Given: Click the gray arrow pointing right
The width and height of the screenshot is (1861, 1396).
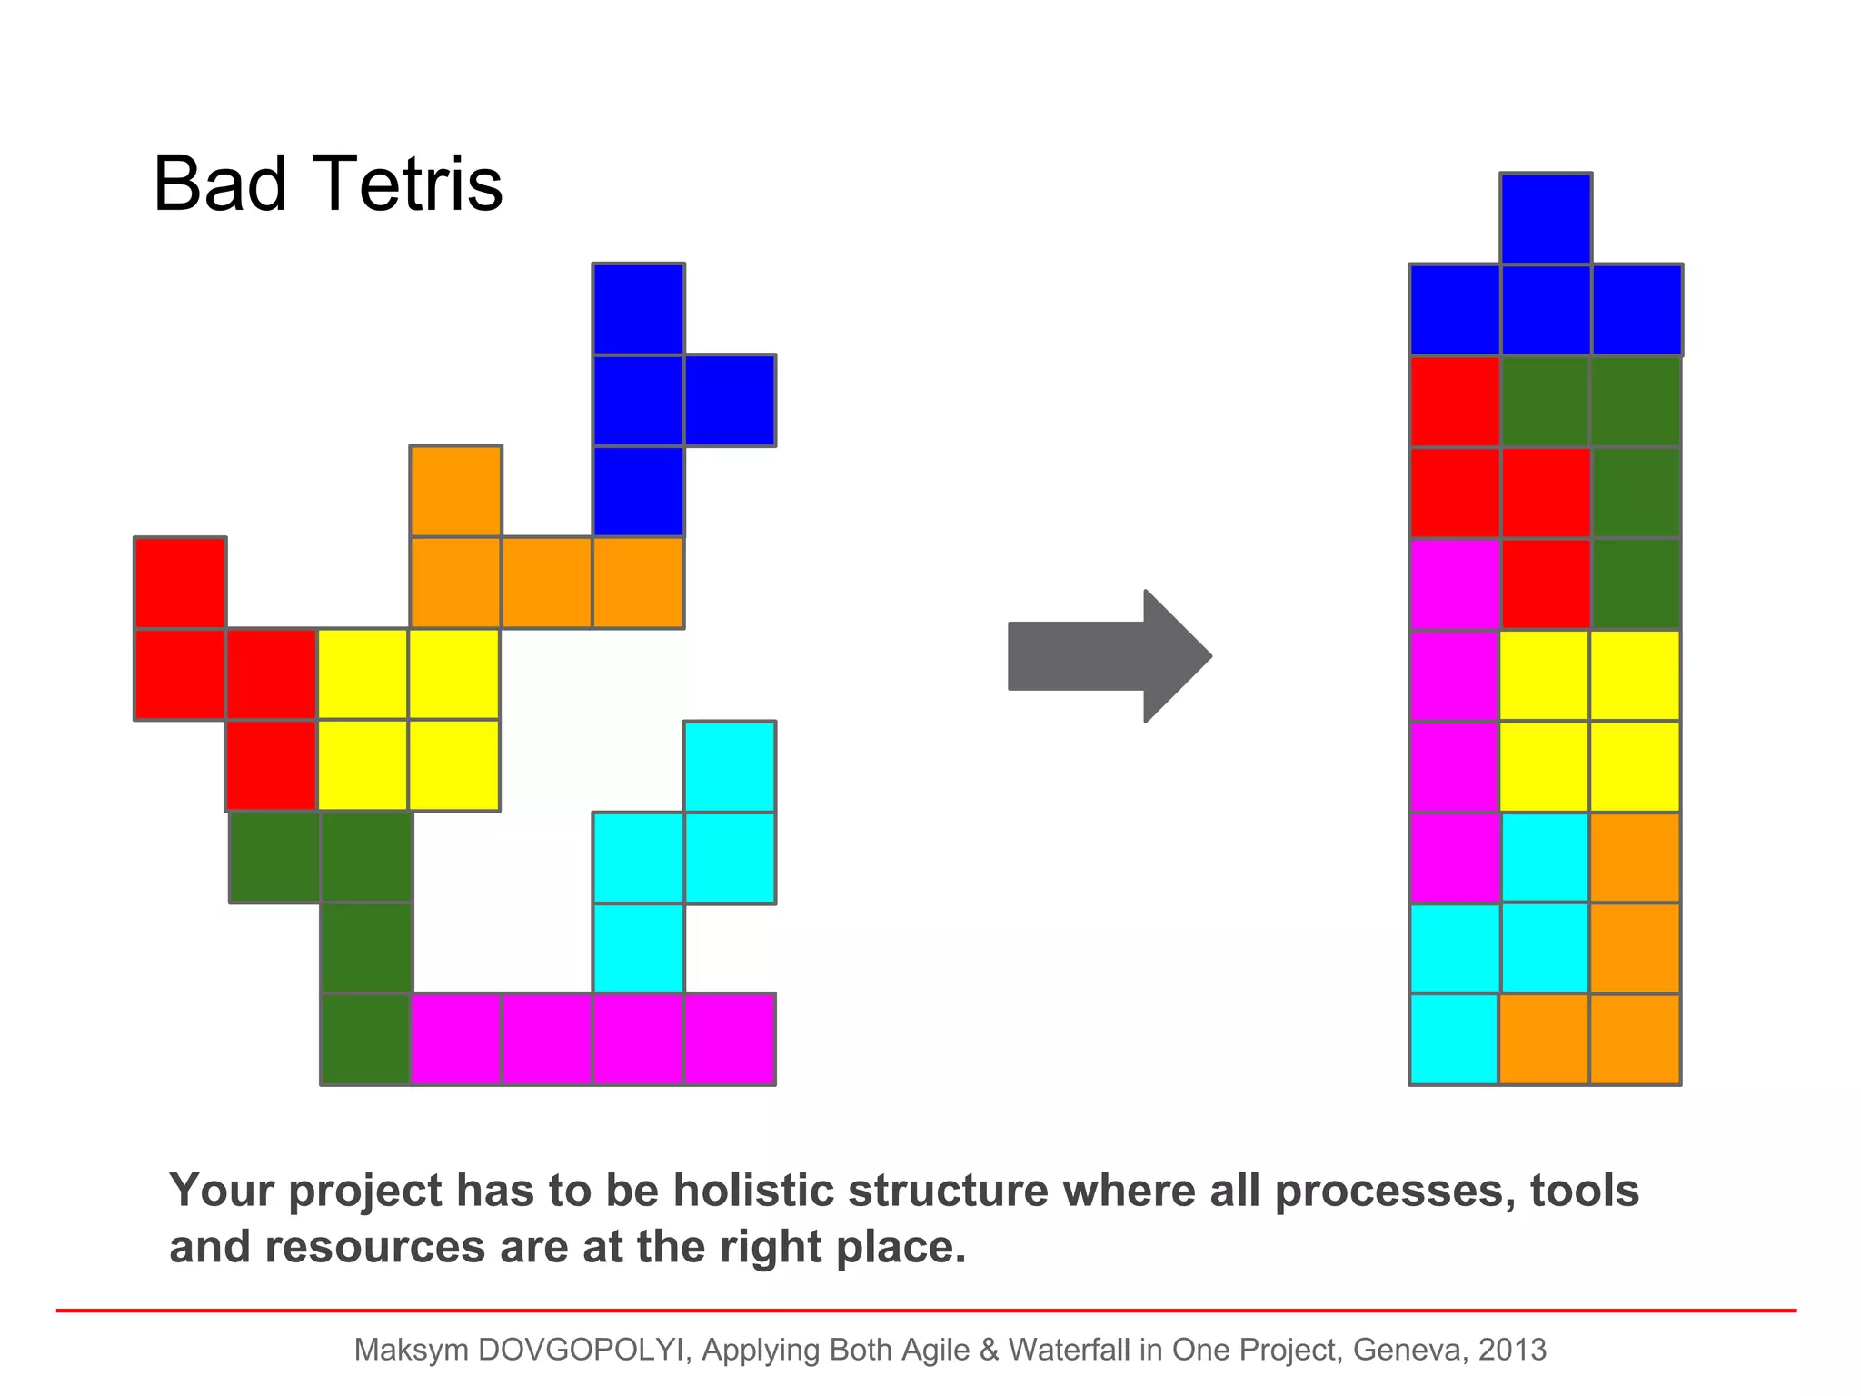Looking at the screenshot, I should click(x=1109, y=656).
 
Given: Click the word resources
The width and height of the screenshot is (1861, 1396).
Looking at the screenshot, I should click(x=375, y=1247).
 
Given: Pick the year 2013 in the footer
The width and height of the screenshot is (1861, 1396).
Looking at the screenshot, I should click(x=1512, y=1350).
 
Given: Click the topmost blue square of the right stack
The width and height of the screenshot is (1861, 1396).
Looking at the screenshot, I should click(x=1546, y=218).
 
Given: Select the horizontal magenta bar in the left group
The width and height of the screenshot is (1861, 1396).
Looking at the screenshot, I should click(x=592, y=1039).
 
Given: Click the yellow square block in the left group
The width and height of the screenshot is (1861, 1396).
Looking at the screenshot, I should click(x=408, y=719).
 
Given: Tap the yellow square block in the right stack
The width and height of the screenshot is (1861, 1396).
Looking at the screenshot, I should click(x=1590, y=721).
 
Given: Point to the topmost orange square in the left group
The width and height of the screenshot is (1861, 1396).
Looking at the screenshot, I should click(x=455, y=491).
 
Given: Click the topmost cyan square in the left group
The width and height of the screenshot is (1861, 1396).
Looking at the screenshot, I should click(x=730, y=766).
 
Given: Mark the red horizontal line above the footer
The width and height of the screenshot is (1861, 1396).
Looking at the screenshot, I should click(x=927, y=1311).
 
